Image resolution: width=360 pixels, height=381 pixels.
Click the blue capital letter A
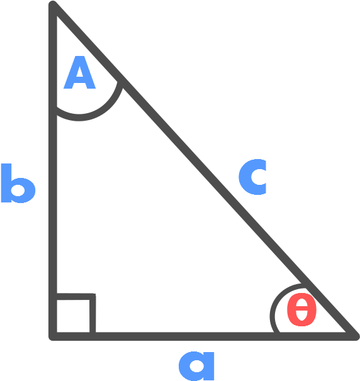79,72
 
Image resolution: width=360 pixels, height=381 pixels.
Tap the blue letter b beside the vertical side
18,183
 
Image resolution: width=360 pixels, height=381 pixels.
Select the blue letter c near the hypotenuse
252,177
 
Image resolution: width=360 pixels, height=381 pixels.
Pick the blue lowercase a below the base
196,366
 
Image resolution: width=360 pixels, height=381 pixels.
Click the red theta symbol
301,310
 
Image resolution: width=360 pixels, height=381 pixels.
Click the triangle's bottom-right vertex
355,336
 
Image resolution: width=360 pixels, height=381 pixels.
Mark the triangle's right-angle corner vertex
53,336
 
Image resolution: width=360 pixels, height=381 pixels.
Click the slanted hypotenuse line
204,170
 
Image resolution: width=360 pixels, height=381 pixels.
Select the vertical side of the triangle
53,170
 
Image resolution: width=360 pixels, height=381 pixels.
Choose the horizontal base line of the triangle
204,336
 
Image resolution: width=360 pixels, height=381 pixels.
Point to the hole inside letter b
18,190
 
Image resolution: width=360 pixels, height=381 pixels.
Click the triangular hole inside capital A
79,72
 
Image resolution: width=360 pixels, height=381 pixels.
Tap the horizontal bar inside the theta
301,310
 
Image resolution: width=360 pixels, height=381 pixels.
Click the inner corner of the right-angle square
93,297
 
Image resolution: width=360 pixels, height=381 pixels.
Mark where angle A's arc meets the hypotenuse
120,81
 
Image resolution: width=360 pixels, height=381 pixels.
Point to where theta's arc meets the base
276,333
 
